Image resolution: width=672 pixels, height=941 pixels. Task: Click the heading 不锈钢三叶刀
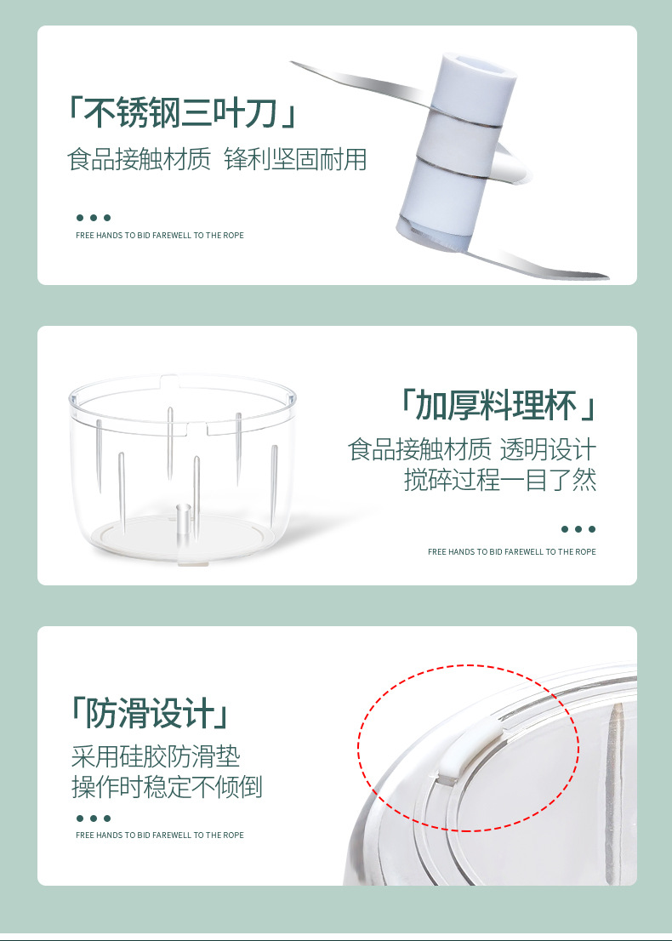(x=180, y=112)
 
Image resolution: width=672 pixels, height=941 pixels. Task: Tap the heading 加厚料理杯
(x=497, y=405)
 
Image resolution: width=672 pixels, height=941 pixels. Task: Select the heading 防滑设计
(x=150, y=713)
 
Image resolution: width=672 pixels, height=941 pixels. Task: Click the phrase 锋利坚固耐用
(x=295, y=160)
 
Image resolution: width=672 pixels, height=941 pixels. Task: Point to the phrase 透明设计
(x=548, y=449)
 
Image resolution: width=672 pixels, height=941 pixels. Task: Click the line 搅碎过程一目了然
(x=500, y=480)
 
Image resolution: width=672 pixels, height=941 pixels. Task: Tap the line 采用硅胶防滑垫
(x=156, y=756)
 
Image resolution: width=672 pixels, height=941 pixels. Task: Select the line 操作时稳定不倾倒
(x=167, y=787)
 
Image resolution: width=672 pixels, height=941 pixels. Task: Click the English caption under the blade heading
(x=160, y=235)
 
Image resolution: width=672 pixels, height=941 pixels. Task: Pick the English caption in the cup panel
(x=512, y=551)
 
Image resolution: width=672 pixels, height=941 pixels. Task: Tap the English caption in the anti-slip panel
(x=160, y=835)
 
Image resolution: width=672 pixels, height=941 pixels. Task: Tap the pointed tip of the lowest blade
(x=607, y=277)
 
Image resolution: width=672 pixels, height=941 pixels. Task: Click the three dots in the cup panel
(x=578, y=528)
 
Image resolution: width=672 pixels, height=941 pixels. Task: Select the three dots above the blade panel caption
(x=93, y=217)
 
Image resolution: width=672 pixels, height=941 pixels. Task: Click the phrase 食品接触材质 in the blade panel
(x=140, y=160)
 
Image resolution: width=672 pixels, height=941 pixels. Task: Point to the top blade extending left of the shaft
(x=359, y=83)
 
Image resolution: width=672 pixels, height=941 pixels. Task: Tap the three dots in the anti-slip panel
(x=93, y=818)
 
